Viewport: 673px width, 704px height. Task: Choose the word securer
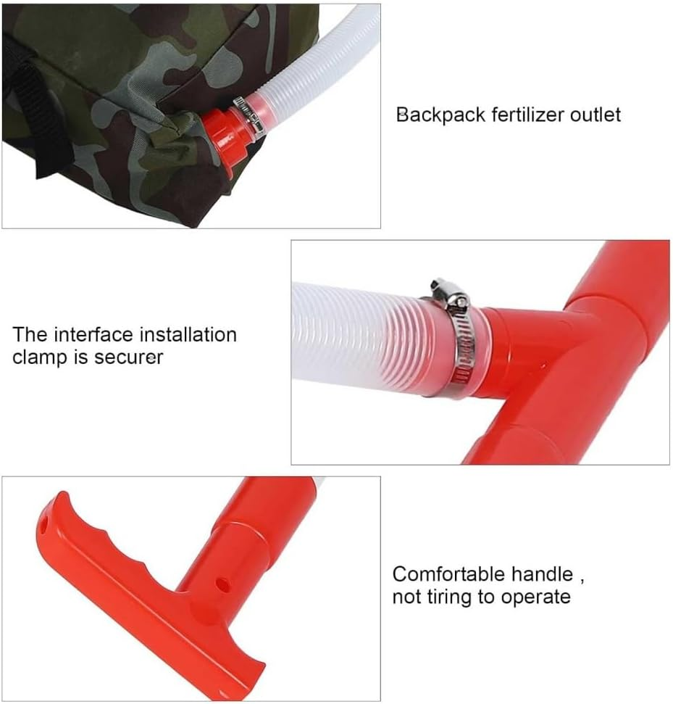(x=128, y=357)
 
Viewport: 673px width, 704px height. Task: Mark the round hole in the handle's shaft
(x=222, y=581)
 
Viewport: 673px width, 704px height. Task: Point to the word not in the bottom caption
(x=407, y=597)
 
